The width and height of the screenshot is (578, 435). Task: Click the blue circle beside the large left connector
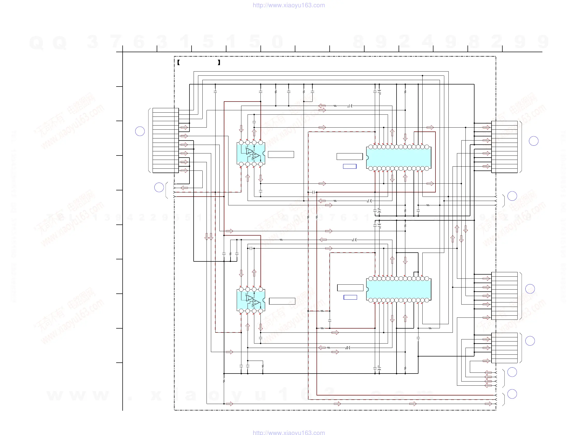click(140, 131)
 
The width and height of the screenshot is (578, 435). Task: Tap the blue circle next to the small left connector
click(159, 188)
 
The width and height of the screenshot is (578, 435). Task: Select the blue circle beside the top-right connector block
click(534, 141)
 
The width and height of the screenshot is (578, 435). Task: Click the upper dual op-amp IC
click(251, 153)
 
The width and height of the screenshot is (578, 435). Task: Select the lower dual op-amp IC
click(251, 300)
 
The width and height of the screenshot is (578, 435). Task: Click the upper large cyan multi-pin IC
click(399, 158)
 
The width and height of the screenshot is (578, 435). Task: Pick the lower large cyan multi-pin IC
click(399, 289)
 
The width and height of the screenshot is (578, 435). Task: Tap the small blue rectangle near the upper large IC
click(350, 166)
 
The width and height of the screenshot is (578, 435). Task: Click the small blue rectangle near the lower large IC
click(350, 297)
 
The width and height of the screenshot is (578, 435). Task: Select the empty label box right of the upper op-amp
click(281, 154)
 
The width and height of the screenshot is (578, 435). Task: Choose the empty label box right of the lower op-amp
click(282, 301)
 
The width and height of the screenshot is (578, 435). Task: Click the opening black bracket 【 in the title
click(178, 63)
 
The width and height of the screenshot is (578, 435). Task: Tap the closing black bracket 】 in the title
click(219, 63)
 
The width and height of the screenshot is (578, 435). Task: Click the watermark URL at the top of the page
click(289, 5)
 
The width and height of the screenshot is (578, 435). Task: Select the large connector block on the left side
click(165, 140)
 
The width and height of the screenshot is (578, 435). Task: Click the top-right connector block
click(504, 147)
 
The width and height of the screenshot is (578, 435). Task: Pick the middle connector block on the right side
click(504, 296)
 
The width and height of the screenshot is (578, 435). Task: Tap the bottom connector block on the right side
click(504, 348)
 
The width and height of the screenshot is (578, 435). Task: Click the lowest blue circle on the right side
click(512, 394)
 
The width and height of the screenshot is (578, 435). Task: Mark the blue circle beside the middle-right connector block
click(530, 289)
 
